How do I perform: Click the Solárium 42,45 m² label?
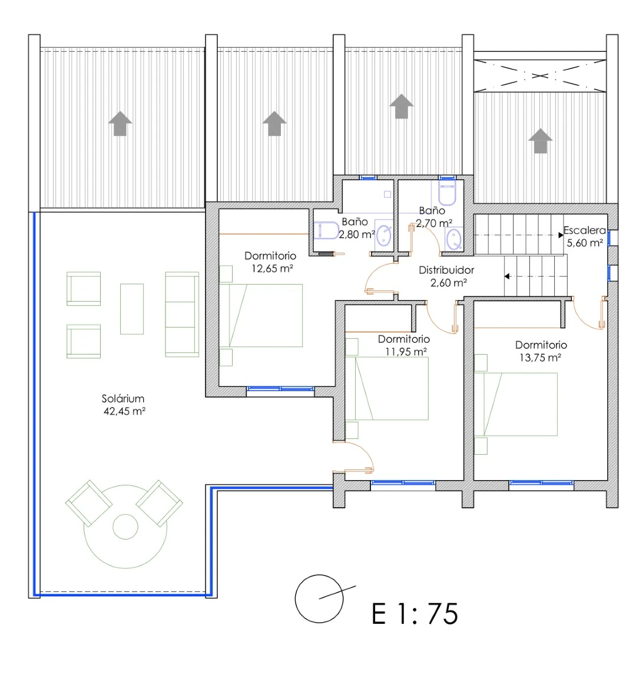point(123,405)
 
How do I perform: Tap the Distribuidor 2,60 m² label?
point(446,276)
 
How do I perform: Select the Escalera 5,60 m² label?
point(584,236)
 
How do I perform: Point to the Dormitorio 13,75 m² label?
point(541,351)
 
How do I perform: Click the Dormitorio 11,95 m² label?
point(404,345)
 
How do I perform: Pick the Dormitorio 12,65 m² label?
point(271,262)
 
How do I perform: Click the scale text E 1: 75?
point(415,613)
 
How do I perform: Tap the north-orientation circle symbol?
point(319,598)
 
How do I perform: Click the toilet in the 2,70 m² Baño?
point(447,193)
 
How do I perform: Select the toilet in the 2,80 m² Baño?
point(326,230)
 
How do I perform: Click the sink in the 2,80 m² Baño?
point(384,235)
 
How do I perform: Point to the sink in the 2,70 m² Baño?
point(454,239)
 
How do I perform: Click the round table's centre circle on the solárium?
point(125,527)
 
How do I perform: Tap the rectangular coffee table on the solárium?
point(132,309)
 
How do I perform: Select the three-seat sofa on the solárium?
point(182,314)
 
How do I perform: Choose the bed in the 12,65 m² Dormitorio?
point(261,316)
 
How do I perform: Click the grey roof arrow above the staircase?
point(541,141)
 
